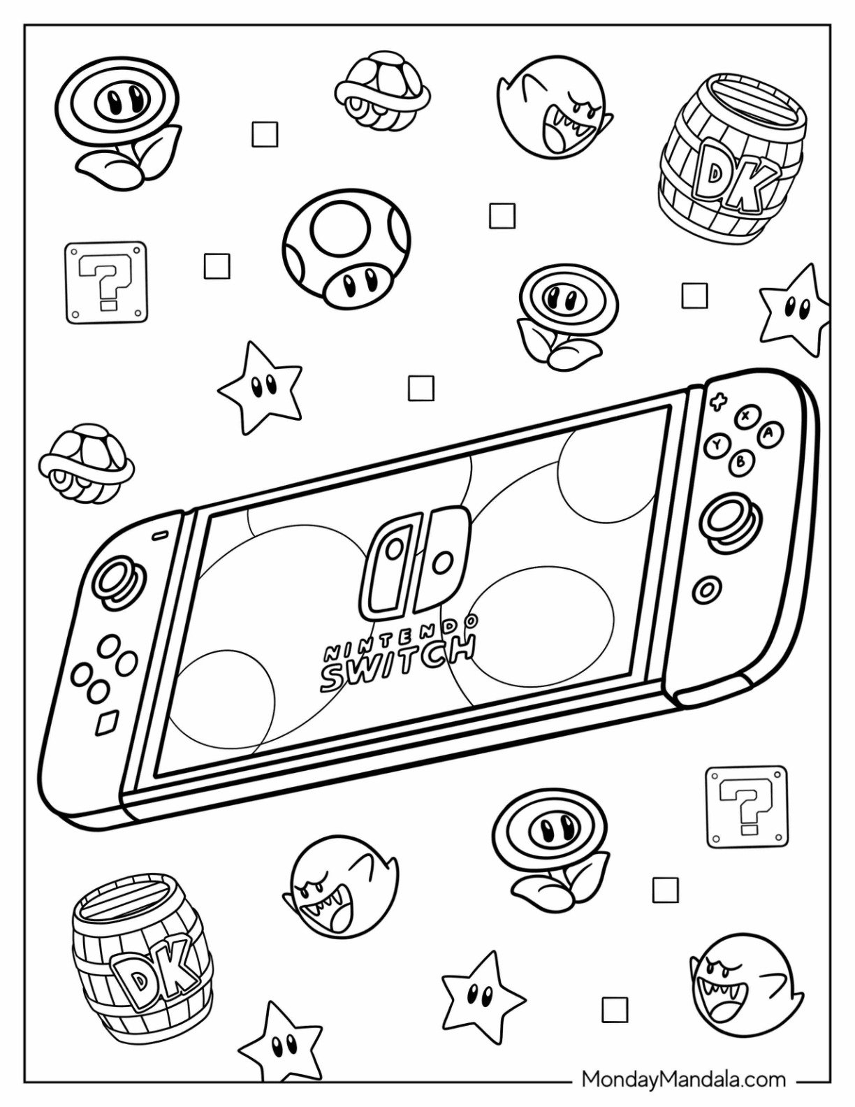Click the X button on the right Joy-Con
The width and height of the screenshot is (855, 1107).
[745, 418]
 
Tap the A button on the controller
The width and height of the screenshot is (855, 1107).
[768, 434]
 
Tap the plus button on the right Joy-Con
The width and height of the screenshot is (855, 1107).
[716, 403]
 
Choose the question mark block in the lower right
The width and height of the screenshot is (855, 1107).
[745, 806]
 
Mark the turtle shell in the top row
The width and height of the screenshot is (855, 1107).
[381, 91]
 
